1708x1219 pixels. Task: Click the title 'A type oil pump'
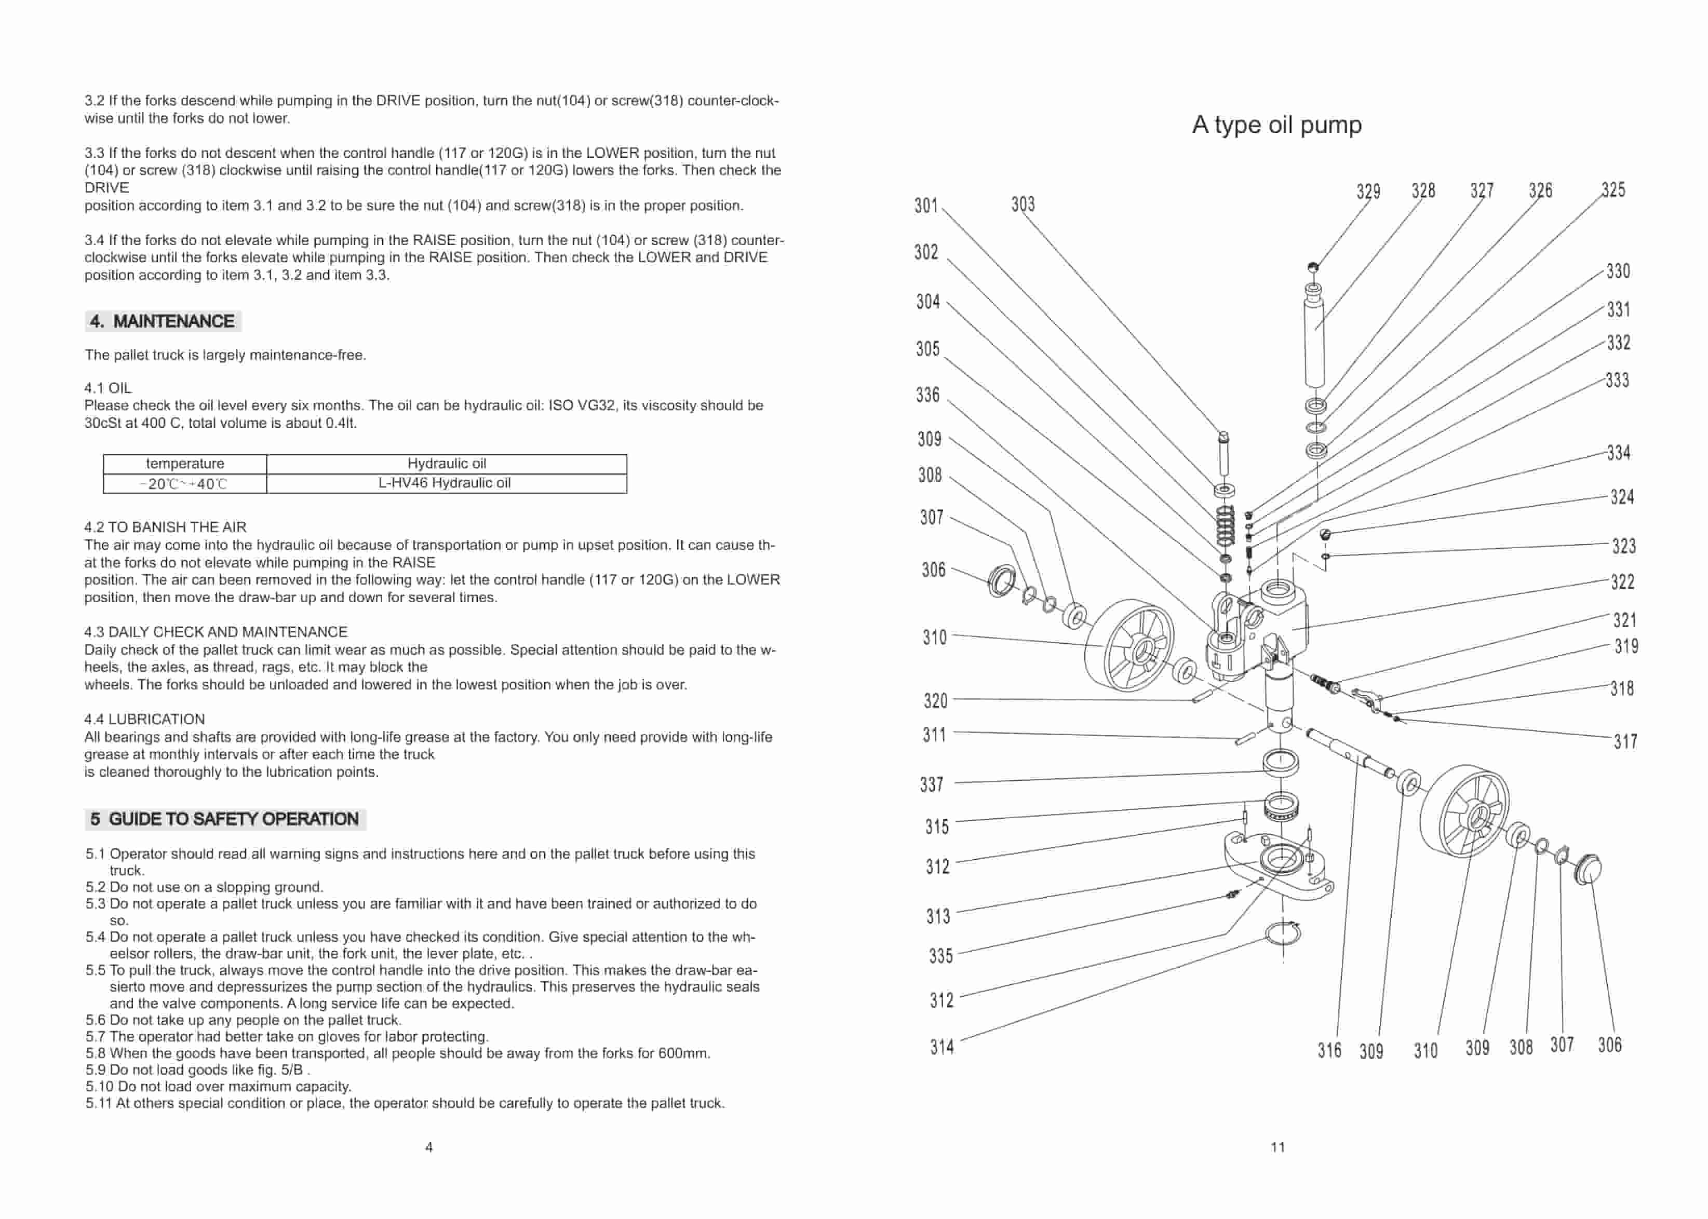[x=1276, y=125]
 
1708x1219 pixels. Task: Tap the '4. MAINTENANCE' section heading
[x=163, y=321]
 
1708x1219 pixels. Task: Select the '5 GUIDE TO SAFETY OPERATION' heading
[x=225, y=819]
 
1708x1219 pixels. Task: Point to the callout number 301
[x=926, y=205]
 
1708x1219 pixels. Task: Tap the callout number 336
[x=928, y=395]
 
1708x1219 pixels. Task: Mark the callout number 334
[x=1618, y=453]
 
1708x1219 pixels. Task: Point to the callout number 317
[x=1625, y=741]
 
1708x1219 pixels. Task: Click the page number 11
[x=1278, y=1147]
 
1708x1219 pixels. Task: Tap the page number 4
[x=429, y=1147]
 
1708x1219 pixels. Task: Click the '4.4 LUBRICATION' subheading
[x=144, y=719]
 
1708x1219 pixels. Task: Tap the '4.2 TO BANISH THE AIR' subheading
[x=165, y=527]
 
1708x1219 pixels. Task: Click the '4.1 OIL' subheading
[x=108, y=388]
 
